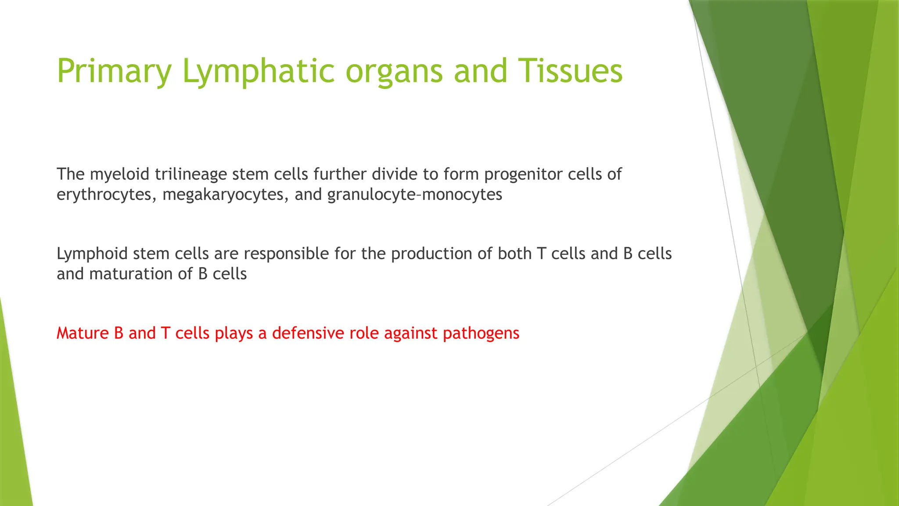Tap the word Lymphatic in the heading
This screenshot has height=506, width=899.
258,71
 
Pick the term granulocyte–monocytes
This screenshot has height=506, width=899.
414,195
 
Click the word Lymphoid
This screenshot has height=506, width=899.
92,254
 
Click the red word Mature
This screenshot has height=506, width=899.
83,333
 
